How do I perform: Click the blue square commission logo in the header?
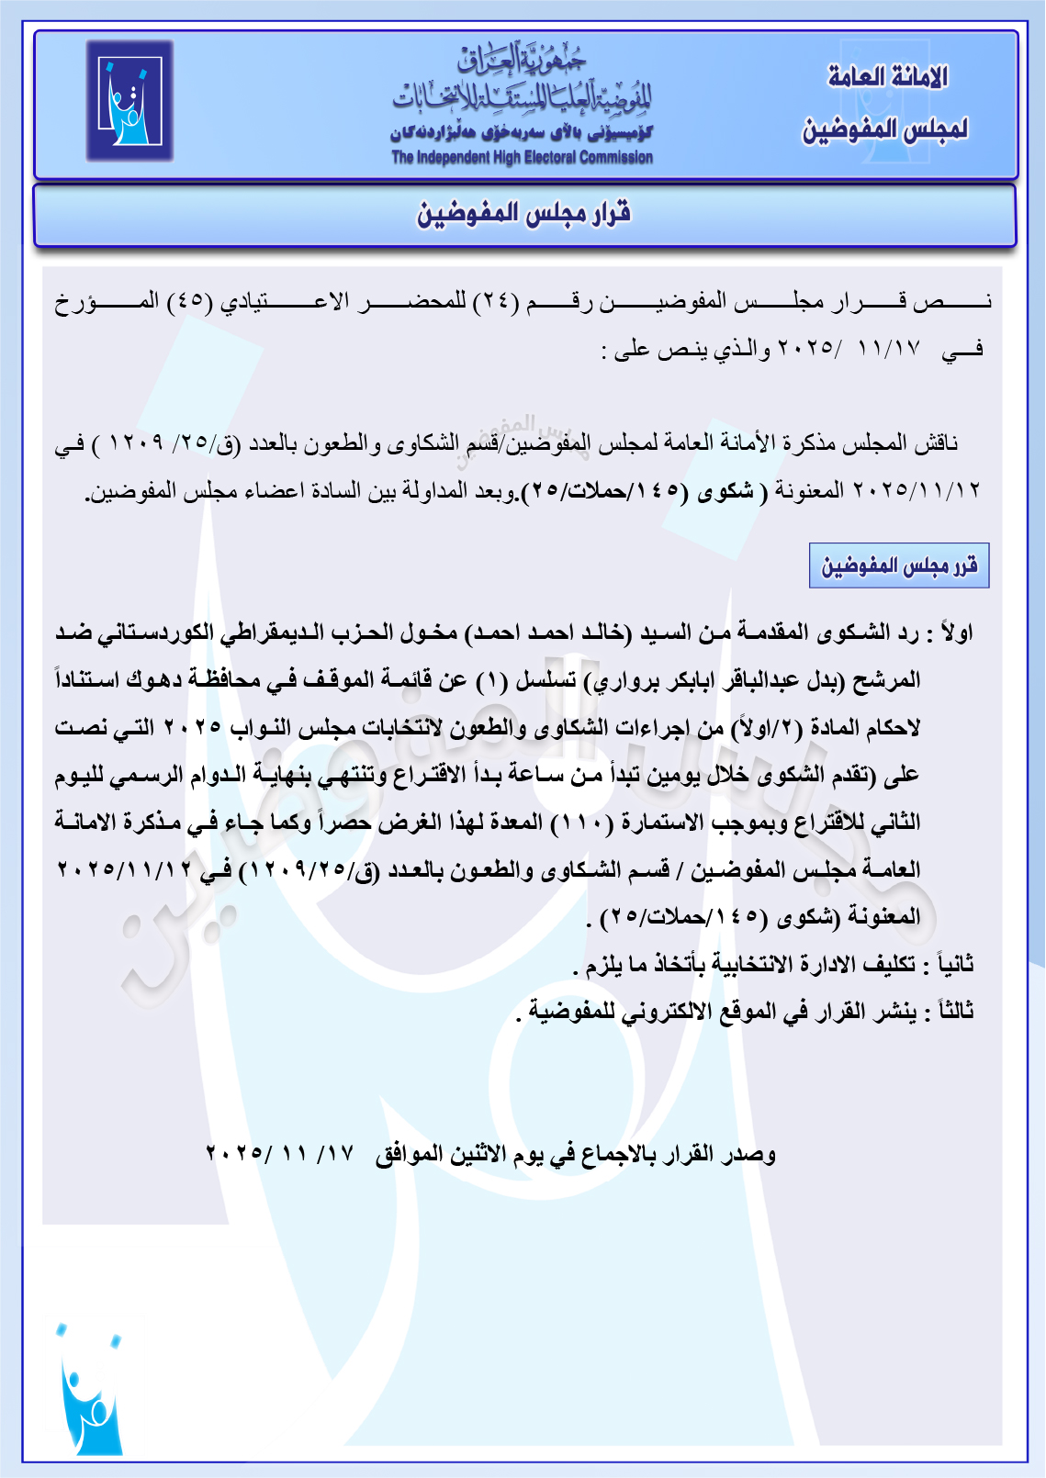click(129, 101)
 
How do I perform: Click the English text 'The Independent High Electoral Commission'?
click(522, 158)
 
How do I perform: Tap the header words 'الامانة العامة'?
click(887, 78)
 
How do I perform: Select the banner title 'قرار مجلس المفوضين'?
click(523, 215)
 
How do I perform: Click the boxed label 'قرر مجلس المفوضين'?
click(899, 565)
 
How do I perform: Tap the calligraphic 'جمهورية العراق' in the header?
click(522, 62)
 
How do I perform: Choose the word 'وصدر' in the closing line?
click(752, 1154)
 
